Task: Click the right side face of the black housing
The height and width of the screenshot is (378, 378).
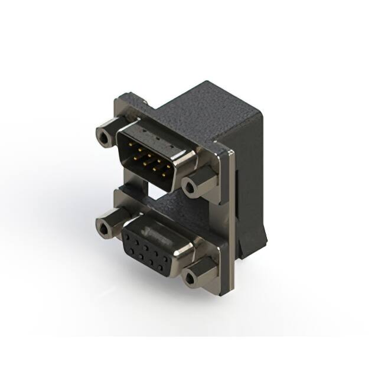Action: (x=251, y=177)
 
